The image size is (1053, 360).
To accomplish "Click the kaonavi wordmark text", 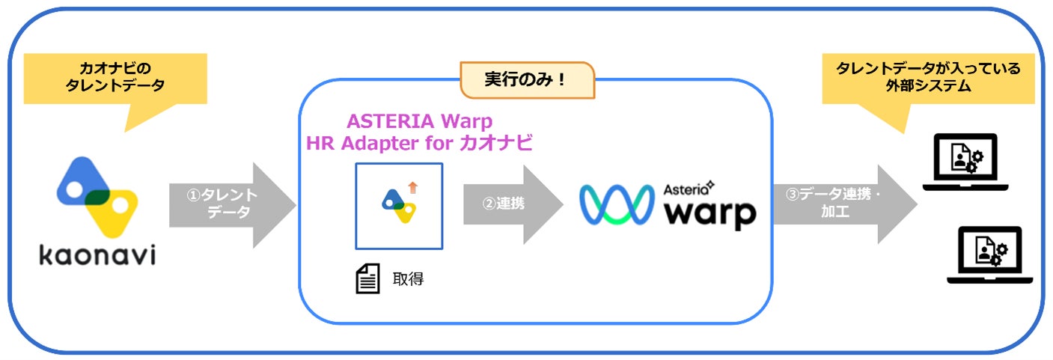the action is tap(97, 254).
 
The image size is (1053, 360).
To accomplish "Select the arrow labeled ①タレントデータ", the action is tap(233, 204).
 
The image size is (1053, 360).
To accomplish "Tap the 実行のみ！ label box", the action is tap(527, 80).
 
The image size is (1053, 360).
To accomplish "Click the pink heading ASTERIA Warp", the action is tap(420, 120).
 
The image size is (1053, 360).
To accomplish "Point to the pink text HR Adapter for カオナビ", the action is tap(420, 144).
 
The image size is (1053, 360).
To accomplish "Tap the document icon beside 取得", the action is tap(366, 280).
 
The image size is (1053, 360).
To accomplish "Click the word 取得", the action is tap(408, 280).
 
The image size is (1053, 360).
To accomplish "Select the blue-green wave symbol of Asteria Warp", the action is tap(617, 204).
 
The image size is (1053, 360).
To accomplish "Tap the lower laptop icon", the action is tap(983, 254).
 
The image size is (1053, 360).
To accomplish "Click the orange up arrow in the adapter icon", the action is tap(412, 187).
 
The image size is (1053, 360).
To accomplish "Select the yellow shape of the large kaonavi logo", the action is tap(118, 211).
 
